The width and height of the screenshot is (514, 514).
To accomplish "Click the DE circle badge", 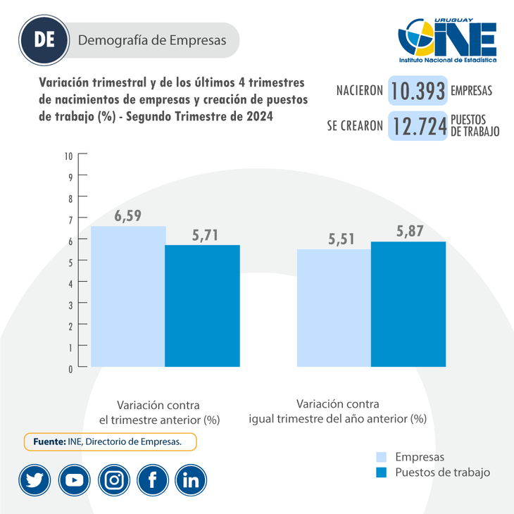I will (45, 40).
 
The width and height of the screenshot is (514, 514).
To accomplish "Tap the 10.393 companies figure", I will (418, 90).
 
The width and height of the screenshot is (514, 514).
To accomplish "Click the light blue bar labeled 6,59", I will (128, 296).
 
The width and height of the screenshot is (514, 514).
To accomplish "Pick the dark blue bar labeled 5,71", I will (202, 306).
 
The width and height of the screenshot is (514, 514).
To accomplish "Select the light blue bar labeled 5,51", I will (334, 308).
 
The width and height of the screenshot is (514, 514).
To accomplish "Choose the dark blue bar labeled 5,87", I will (408, 303).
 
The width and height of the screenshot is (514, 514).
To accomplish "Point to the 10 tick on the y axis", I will (69, 155).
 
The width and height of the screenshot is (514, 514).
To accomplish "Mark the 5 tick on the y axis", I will (70, 261).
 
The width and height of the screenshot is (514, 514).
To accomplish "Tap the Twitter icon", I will (35, 480).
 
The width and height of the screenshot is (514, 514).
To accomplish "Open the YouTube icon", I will (74, 480).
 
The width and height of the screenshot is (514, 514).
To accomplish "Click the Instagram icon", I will (113, 480).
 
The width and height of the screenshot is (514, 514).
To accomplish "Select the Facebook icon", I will (152, 480).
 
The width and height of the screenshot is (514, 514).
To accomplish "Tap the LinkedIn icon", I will (191, 480).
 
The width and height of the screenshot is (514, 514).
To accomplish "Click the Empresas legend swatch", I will (382, 457).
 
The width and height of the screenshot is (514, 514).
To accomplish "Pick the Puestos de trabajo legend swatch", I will (382, 472).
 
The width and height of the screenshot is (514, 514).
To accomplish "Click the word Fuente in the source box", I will (49, 441).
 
